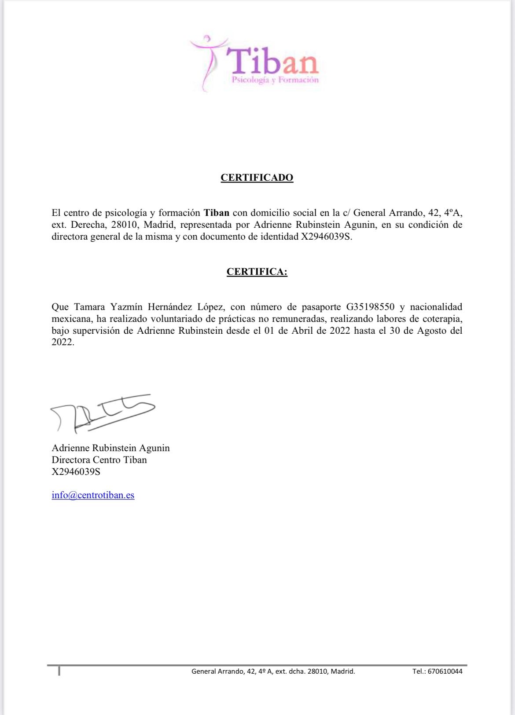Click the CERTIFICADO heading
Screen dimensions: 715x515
[x=257, y=178]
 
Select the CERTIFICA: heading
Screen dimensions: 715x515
[x=257, y=272]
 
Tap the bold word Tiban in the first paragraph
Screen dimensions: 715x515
[x=216, y=213]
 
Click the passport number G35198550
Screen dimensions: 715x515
[x=370, y=307]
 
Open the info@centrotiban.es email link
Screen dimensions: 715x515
[x=93, y=495]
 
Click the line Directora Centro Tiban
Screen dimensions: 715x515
[x=99, y=460]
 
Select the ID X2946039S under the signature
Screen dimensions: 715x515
[x=76, y=472]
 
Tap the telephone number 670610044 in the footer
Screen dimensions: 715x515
[x=445, y=671]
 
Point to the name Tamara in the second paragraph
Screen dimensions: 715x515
[x=89, y=307]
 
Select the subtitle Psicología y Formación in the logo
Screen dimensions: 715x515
[x=275, y=80]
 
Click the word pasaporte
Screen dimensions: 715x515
[x=321, y=307]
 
